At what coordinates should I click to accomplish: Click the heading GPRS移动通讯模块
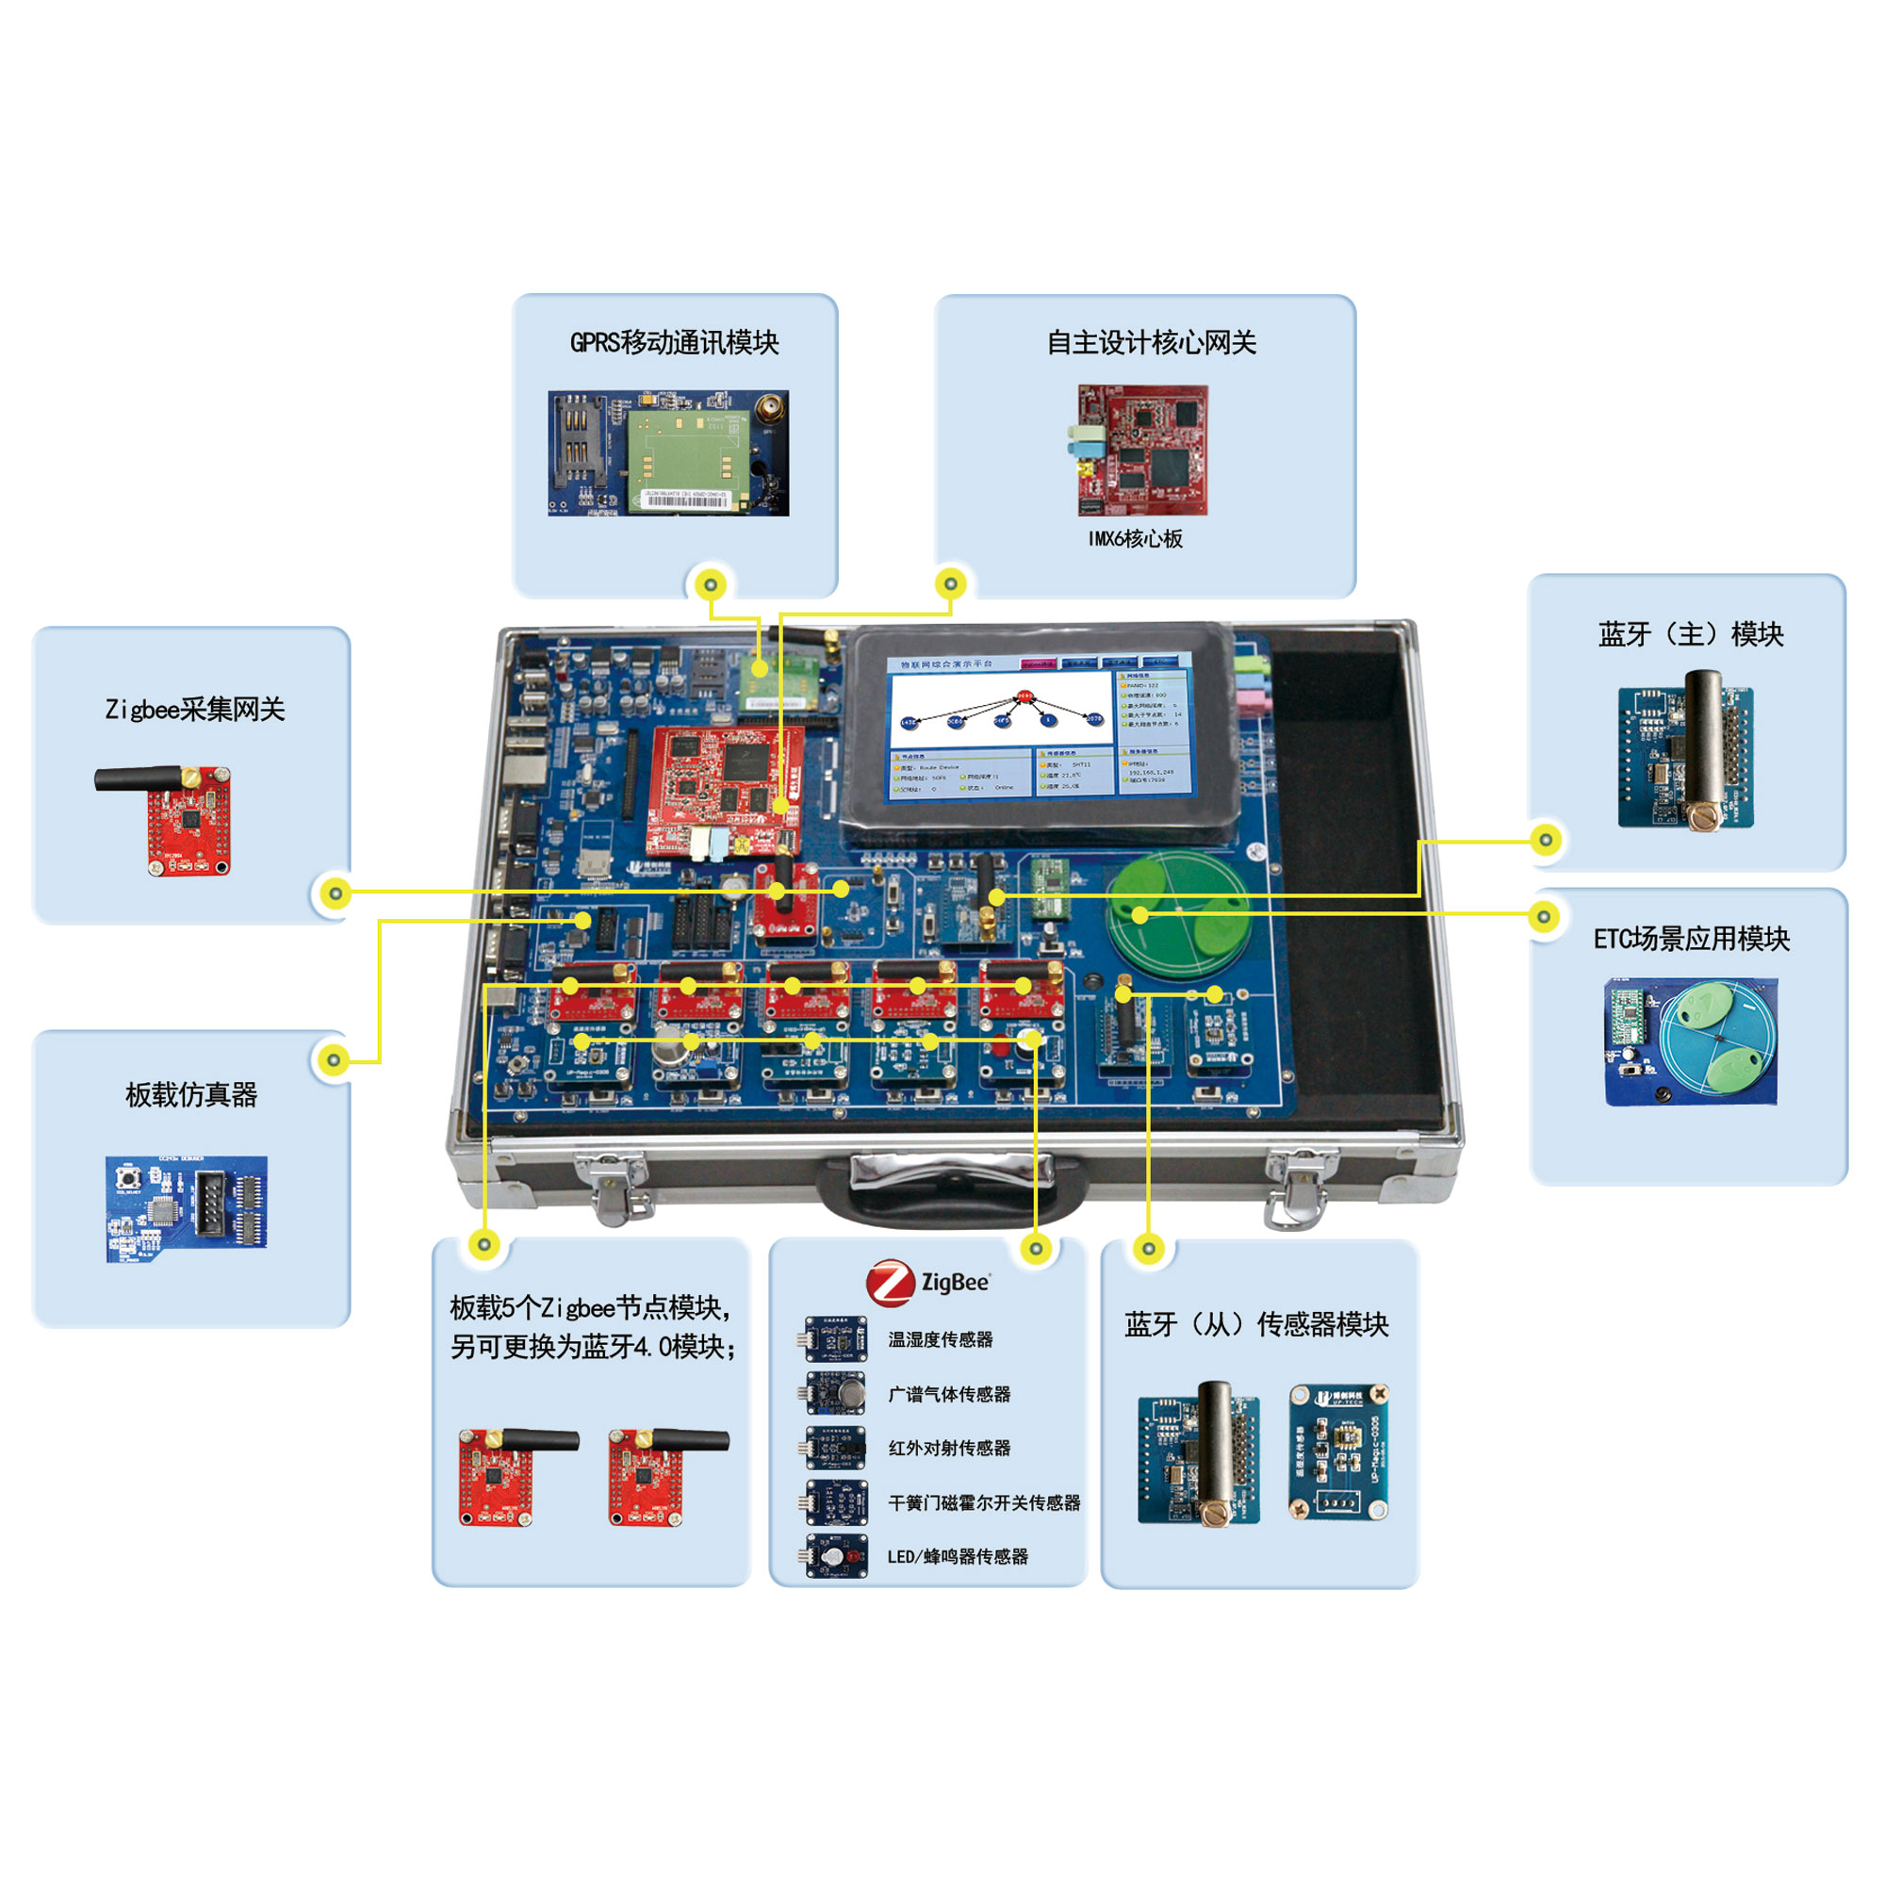point(674,342)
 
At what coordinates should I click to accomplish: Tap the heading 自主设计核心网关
point(1152,342)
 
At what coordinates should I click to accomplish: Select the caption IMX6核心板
point(1135,538)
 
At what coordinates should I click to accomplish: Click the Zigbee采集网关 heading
point(195,710)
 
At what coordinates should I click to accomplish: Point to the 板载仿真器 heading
point(191,1094)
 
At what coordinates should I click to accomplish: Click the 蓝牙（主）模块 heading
point(1691,634)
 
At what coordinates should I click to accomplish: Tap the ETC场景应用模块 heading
point(1691,939)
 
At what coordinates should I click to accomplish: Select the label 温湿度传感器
point(940,1339)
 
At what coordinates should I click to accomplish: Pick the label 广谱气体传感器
point(948,1394)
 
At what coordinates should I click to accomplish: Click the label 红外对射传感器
point(948,1448)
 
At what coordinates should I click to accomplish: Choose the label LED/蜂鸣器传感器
point(958,1556)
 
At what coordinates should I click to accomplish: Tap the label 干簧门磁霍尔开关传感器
point(983,1502)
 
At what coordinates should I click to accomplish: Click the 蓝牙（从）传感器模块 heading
point(1255,1324)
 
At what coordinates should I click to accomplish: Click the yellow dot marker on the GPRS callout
point(711,584)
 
